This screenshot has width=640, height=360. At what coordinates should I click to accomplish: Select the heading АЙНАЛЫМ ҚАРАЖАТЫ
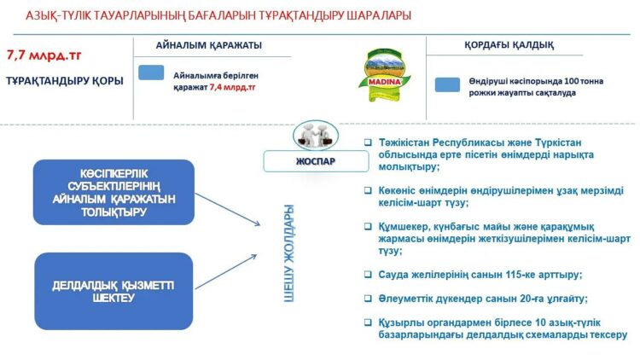(x=209, y=44)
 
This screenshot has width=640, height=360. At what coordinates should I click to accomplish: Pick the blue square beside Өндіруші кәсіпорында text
(x=447, y=84)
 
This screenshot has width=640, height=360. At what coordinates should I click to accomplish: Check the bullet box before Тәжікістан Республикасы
(x=367, y=142)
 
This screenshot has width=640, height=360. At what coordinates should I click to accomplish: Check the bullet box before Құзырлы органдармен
(x=367, y=322)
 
